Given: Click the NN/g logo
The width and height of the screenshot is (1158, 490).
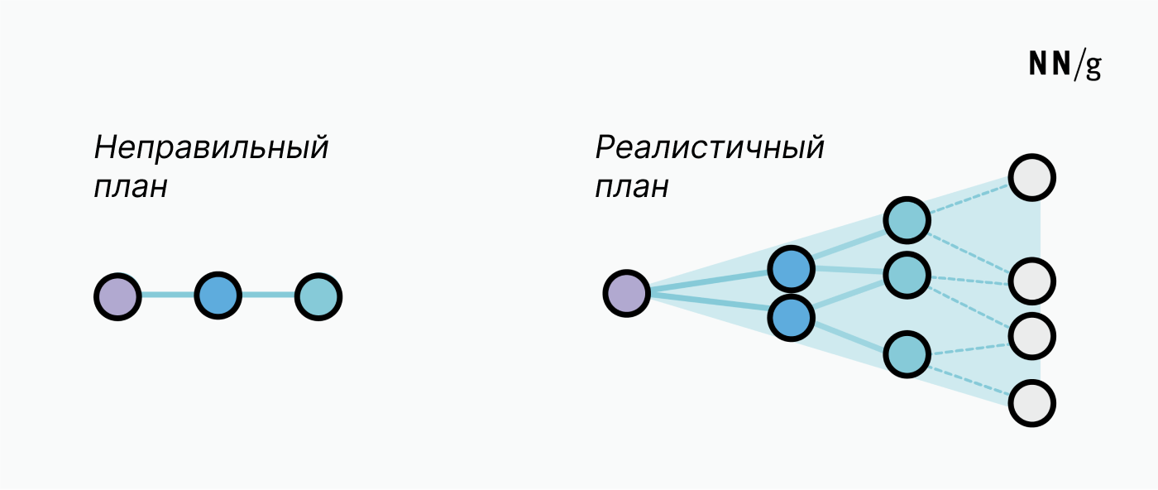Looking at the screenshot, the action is click(x=1065, y=65).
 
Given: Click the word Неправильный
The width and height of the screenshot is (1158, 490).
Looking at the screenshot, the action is click(x=211, y=147).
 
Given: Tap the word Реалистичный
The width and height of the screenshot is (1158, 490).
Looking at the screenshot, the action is click(x=710, y=147).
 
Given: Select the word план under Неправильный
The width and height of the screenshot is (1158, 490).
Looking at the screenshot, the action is click(x=131, y=187).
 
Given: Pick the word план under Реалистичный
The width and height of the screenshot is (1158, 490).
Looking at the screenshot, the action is click(x=632, y=187).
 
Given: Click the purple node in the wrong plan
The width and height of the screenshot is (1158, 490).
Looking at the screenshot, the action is click(x=117, y=297).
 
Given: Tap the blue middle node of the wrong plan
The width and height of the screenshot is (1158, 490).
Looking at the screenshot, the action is click(x=218, y=295).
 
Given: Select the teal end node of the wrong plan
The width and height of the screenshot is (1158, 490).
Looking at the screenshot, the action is click(x=318, y=297).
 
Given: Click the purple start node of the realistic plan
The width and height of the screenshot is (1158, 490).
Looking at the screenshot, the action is click(x=627, y=293).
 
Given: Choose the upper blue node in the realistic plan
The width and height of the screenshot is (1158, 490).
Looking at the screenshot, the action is click(x=791, y=269).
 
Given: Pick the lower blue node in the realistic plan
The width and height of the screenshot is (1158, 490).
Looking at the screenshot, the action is click(x=791, y=318).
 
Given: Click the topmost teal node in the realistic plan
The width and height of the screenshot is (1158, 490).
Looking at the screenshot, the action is click(x=907, y=220).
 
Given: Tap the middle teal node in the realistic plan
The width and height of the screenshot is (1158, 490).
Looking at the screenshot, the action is click(x=907, y=275).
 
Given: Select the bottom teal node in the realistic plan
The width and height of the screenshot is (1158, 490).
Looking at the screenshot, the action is click(x=907, y=354).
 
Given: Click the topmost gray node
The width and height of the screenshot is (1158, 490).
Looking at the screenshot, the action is click(x=1032, y=177).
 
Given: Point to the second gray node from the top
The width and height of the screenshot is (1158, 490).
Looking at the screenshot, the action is click(x=1032, y=281).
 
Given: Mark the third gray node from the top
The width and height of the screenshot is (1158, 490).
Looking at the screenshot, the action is click(x=1032, y=336).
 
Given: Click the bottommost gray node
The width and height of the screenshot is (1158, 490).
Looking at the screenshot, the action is click(x=1032, y=403).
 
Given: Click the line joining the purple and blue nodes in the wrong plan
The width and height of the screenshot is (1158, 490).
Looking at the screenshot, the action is click(x=167, y=295).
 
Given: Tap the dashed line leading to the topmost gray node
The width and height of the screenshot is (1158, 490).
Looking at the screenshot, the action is click(x=969, y=199).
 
